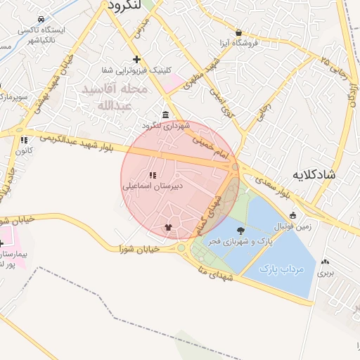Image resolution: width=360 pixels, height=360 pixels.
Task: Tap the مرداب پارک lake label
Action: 280,269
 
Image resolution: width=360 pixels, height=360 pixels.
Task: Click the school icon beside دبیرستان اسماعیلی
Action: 152,175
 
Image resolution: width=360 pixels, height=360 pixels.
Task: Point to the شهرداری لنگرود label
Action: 166,125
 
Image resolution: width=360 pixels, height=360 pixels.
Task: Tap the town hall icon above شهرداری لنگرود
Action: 165,115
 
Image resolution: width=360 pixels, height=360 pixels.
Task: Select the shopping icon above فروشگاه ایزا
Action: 239,32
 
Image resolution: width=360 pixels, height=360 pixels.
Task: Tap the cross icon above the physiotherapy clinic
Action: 136,59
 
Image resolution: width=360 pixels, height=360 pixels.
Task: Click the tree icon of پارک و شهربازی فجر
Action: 241,231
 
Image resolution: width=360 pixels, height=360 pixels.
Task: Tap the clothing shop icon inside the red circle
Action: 167,227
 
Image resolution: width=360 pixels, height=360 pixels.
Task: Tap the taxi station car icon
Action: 41,20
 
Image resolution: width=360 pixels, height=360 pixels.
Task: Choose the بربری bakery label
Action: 326,271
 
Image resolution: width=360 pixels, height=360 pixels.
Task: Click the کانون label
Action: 24,150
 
